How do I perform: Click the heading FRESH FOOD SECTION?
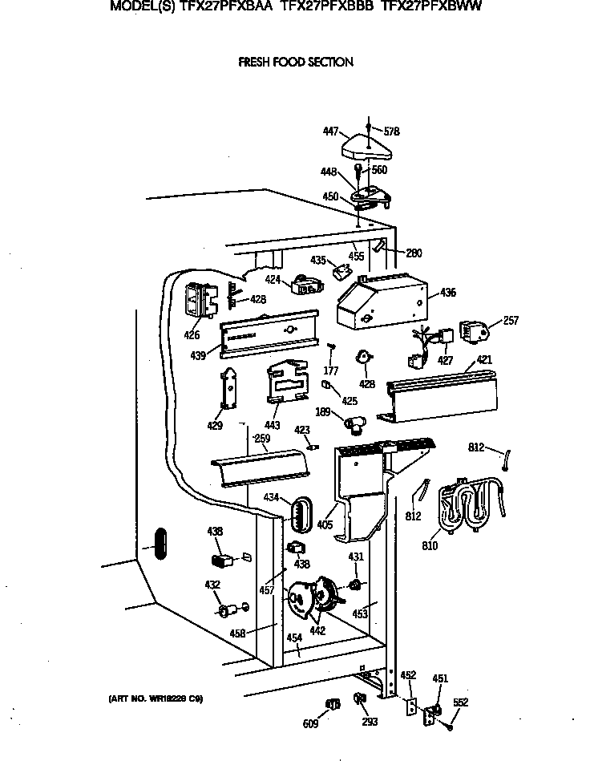pyautogui.click(x=295, y=62)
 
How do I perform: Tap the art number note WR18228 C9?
pyautogui.click(x=156, y=698)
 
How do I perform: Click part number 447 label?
pyautogui.click(x=330, y=132)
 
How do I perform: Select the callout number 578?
pyautogui.click(x=391, y=132)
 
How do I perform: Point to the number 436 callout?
pyautogui.click(x=447, y=293)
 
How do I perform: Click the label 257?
pyautogui.click(x=510, y=321)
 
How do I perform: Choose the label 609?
pyautogui.click(x=310, y=724)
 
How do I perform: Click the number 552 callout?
pyautogui.click(x=460, y=703)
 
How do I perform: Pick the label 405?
pyautogui.click(x=325, y=525)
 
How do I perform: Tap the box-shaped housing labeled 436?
pyautogui.click(x=379, y=302)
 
